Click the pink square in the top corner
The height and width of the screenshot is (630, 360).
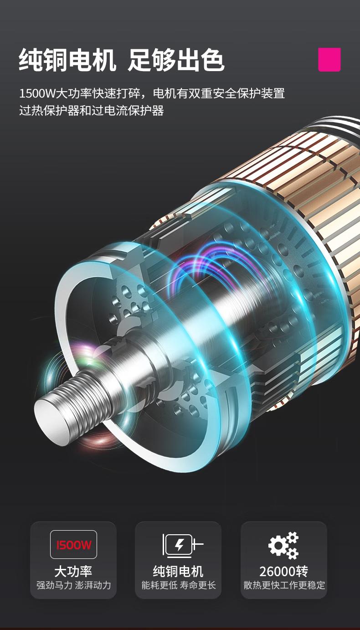coord(329,60)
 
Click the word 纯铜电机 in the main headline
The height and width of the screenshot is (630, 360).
coord(67,60)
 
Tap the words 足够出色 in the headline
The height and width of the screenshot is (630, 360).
coord(176,60)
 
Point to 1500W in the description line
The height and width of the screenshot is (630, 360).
coord(37,93)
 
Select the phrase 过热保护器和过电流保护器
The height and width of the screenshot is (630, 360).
coord(92,110)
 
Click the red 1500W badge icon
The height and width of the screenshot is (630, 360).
coord(73,545)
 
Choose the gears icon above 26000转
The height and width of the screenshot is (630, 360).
coord(283,545)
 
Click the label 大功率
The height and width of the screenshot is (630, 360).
coord(73,572)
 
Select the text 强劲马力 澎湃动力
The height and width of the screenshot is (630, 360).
coord(73,585)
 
